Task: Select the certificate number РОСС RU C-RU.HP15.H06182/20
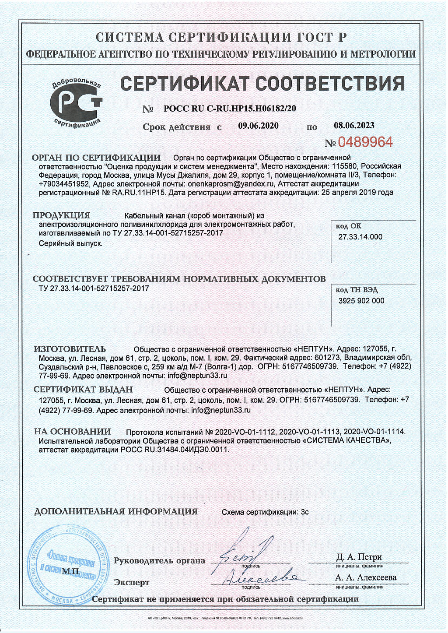[x=230, y=109]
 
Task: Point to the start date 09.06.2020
[x=258, y=126]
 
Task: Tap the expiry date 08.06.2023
[x=354, y=126]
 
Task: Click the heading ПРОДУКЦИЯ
[x=61, y=215]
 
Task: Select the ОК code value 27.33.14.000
[x=360, y=237]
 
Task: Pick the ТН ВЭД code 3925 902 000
[x=361, y=301]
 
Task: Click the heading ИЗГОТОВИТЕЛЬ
[x=70, y=349]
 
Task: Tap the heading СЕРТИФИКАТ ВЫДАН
[x=83, y=389]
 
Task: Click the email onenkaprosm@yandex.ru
[x=231, y=184]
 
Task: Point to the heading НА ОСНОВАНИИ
[x=73, y=431]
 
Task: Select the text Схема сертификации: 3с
[x=265, y=512]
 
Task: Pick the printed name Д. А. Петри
[x=359, y=557]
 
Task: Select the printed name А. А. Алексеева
[x=366, y=577]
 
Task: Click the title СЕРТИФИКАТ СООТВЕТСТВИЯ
[x=262, y=83]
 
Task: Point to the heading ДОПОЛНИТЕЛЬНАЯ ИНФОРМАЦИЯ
[x=116, y=511]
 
